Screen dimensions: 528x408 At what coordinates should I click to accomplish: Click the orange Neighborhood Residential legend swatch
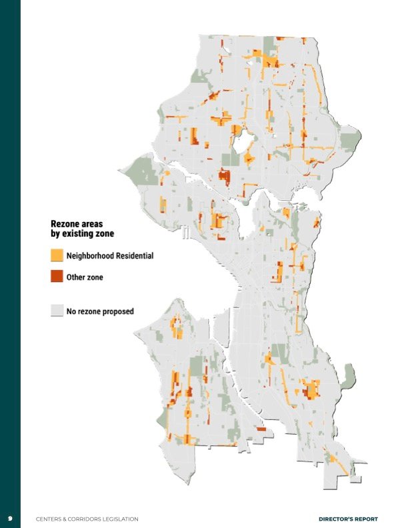click(x=57, y=255)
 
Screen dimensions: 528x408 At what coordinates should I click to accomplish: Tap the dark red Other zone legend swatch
click(x=57, y=276)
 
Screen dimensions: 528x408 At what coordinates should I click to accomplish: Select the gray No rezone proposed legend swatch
click(x=57, y=311)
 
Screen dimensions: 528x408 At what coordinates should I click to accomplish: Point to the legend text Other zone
click(x=85, y=277)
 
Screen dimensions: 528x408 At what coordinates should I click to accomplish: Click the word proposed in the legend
click(x=117, y=311)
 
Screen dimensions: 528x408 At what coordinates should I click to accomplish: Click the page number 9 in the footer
click(x=10, y=519)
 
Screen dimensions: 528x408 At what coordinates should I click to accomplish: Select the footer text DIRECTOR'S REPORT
click(x=348, y=519)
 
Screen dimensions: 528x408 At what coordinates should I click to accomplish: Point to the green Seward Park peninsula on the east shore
click(x=347, y=378)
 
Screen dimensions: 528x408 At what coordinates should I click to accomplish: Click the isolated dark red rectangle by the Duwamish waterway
click(x=261, y=429)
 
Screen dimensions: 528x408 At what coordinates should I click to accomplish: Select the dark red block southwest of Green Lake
click(x=223, y=177)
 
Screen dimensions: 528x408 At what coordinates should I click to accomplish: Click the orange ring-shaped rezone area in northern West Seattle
click(x=177, y=327)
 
